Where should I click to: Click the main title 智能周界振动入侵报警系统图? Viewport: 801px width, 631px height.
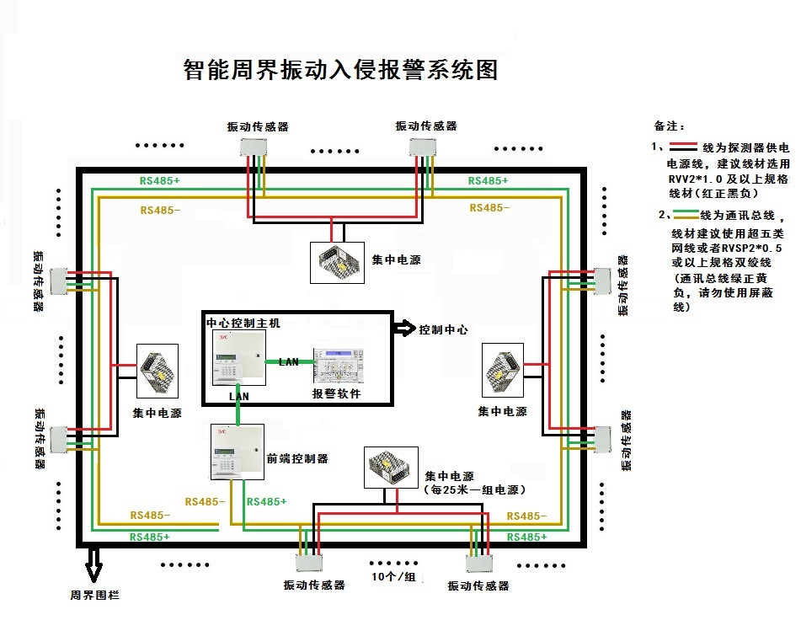click(x=340, y=69)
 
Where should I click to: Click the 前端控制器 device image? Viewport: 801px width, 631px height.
click(x=237, y=452)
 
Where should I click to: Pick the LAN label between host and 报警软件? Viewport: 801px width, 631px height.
click(x=289, y=362)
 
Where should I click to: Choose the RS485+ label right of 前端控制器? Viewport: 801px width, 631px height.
click(x=266, y=502)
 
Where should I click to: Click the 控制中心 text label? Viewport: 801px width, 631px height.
click(x=443, y=330)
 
